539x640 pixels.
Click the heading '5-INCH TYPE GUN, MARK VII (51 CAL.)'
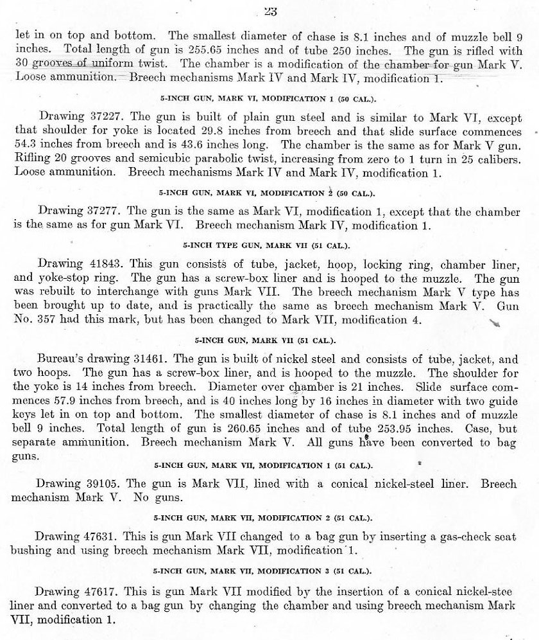coord(269,245)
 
